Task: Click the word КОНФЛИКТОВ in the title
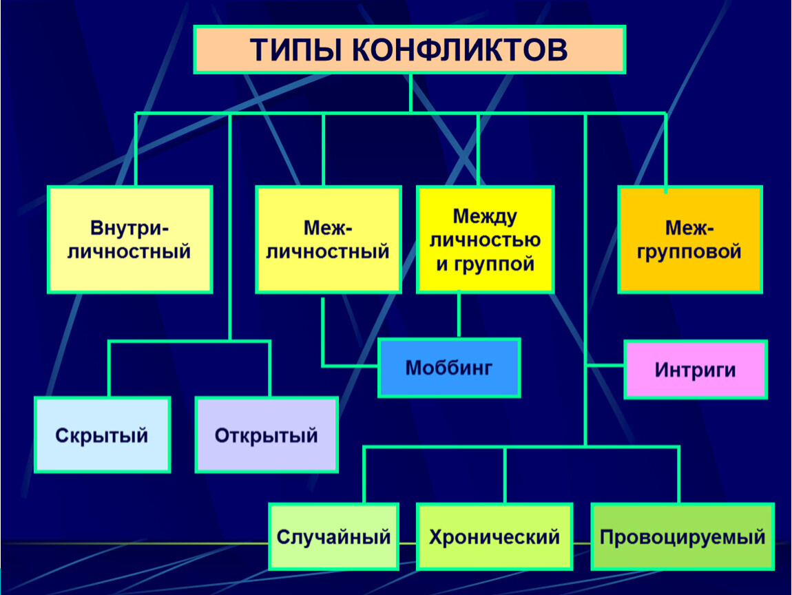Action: pyautogui.click(x=452, y=50)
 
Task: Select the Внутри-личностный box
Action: pyautogui.click(x=129, y=239)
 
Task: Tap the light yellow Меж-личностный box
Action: pyautogui.click(x=328, y=239)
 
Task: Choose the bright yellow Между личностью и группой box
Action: pyautogui.click(x=485, y=239)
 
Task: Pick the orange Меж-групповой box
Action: pyautogui.click(x=689, y=239)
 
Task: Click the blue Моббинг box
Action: pyautogui.click(x=449, y=367)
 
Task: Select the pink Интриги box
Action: pyautogui.click(x=695, y=369)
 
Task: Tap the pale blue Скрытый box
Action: pyautogui.click(x=102, y=435)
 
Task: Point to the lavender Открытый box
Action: pyautogui.click(x=267, y=435)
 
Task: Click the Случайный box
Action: pyautogui.click(x=333, y=536)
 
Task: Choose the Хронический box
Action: pyautogui.click(x=494, y=536)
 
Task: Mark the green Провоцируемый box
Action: pyautogui.click(x=682, y=536)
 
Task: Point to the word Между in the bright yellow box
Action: pyautogui.click(x=485, y=216)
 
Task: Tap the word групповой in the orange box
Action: pyautogui.click(x=689, y=251)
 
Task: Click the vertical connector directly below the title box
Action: pyautogui.click(x=410, y=92)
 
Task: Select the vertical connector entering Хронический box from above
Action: pyautogui.click(x=506, y=475)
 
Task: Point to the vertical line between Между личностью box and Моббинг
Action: pyautogui.click(x=459, y=315)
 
